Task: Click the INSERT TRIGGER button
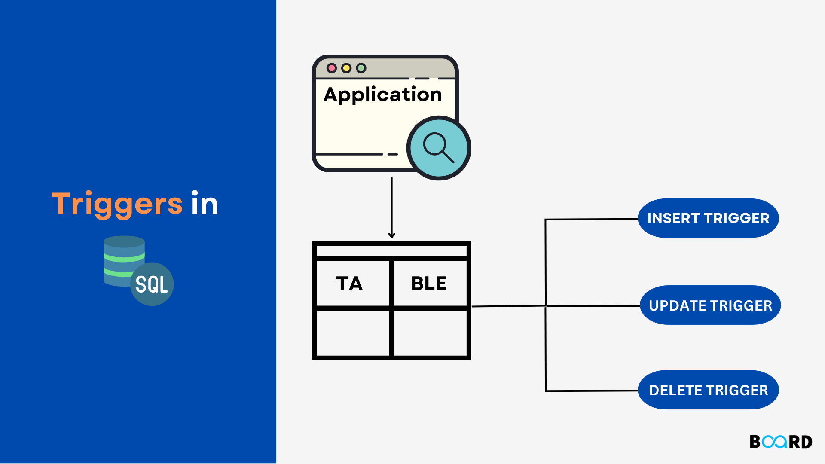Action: click(708, 218)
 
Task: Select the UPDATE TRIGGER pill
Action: click(710, 305)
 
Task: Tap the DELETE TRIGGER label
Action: click(708, 390)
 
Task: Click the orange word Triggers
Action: click(117, 204)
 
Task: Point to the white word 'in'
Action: click(205, 204)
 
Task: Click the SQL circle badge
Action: click(152, 284)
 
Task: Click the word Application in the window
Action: click(382, 95)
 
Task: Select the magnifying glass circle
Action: click(439, 148)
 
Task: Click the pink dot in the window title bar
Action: click(331, 68)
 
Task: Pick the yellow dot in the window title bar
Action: click(346, 68)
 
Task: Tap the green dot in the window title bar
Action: click(361, 68)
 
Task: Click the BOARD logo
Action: click(781, 442)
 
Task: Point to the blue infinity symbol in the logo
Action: click(774, 442)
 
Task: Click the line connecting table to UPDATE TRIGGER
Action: click(593, 306)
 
